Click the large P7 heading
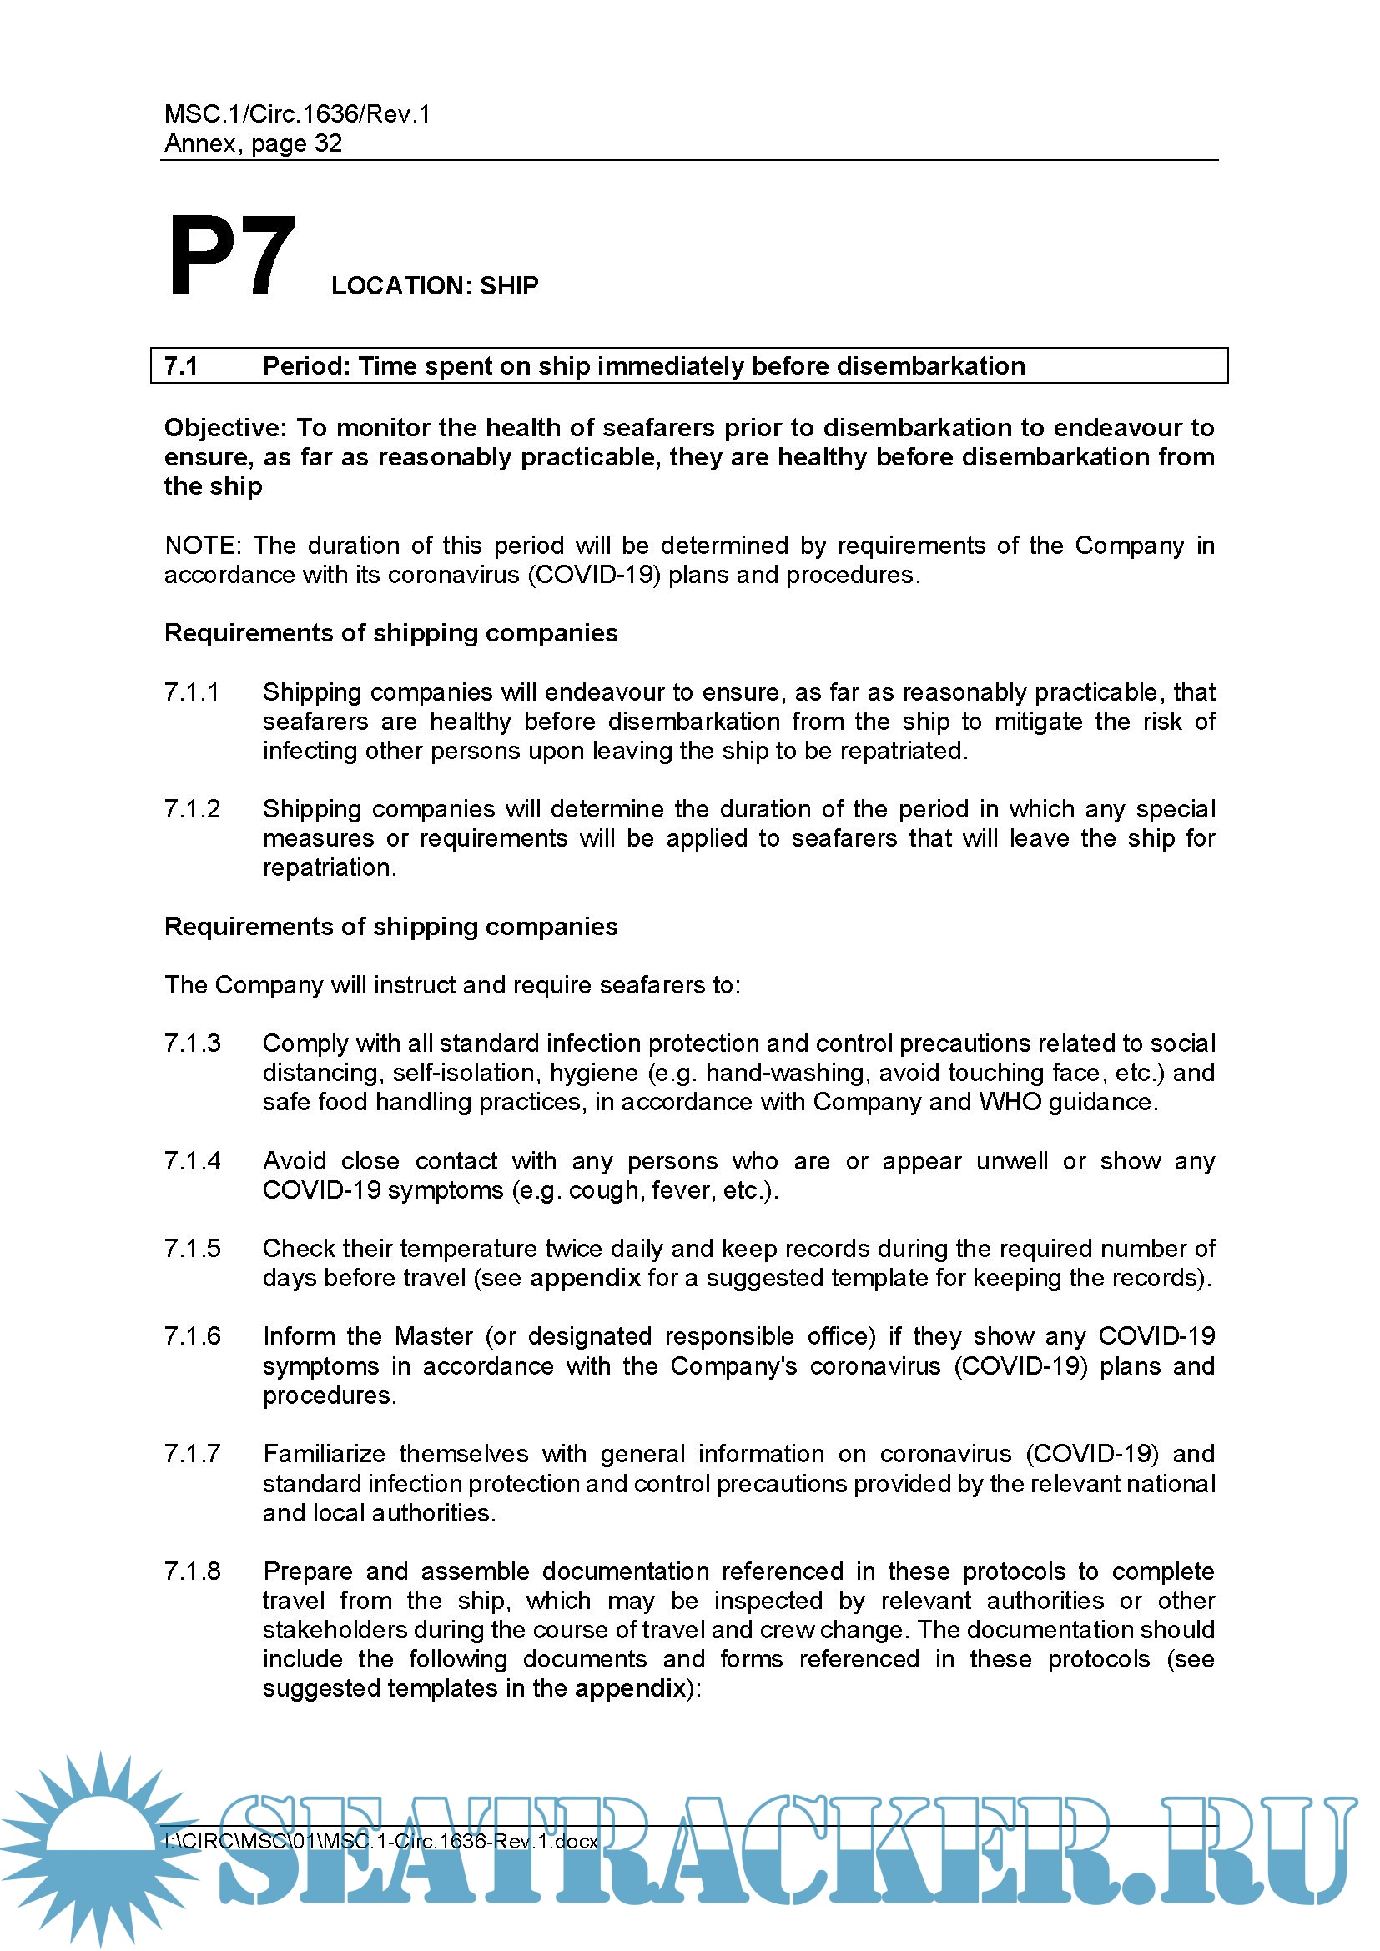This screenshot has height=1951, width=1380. coord(231,256)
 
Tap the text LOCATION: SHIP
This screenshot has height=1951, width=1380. coord(434,285)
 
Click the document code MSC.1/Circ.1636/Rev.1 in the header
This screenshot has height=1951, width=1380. coord(297,114)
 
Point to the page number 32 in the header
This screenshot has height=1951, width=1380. coord(328,143)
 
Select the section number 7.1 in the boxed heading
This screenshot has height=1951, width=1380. coord(181,366)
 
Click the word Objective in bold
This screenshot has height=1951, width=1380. coord(224,427)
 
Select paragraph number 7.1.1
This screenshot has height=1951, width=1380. coord(192,692)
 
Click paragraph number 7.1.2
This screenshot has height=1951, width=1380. coord(192,809)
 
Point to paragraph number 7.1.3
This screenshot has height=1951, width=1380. coord(192,1043)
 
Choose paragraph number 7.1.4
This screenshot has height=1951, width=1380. coord(192,1161)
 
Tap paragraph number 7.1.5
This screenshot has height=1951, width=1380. coord(192,1249)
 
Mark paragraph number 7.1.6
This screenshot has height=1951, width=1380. coord(192,1336)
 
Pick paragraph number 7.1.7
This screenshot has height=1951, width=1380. coord(192,1454)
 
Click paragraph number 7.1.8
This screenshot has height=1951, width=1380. coord(192,1571)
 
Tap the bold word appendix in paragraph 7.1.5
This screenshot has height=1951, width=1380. coord(585,1278)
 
